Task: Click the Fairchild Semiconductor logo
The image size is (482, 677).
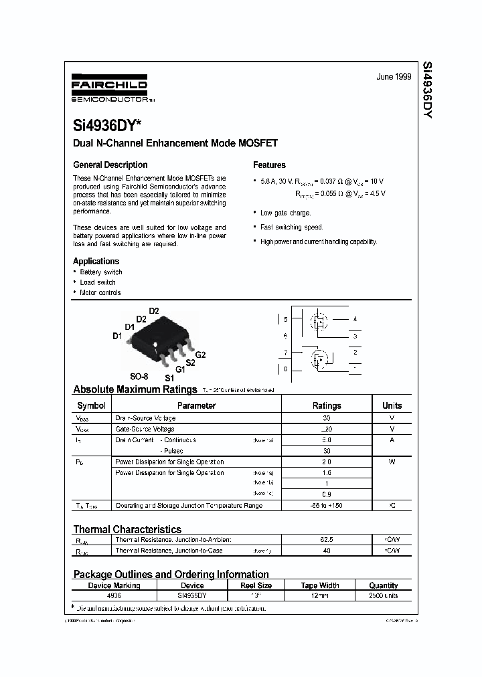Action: [x=109, y=88]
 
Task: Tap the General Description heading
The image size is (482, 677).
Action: [x=110, y=165]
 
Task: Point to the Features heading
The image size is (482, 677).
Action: [x=269, y=165]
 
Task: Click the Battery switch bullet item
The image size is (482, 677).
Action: [x=100, y=272]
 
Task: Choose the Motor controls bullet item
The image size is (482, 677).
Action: [x=100, y=292]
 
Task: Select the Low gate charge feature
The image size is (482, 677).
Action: [x=285, y=213]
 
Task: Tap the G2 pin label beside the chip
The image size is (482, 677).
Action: [x=200, y=354]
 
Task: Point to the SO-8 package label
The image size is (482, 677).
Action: [x=139, y=377]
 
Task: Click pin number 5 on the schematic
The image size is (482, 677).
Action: [x=285, y=319]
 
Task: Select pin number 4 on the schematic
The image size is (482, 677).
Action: [x=355, y=319]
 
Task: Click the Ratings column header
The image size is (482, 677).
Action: [x=327, y=405]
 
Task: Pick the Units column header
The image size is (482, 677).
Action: [x=392, y=405]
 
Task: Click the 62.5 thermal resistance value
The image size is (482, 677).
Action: [x=327, y=539]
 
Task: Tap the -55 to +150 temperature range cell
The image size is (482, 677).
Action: [x=327, y=506]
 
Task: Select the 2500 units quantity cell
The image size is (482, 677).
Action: [x=384, y=595]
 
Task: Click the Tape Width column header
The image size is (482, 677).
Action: [x=320, y=585]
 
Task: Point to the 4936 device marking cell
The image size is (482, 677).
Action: [x=114, y=595]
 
